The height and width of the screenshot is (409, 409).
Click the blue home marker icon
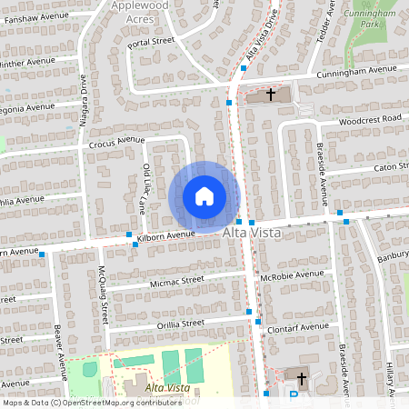(204, 195)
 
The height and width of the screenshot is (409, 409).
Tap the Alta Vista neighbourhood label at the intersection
(252, 234)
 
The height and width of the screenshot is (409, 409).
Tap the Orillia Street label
(180, 323)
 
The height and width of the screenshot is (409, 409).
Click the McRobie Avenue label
(291, 274)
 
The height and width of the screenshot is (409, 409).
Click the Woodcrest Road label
(369, 120)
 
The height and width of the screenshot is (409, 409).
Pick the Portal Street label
(151, 42)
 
